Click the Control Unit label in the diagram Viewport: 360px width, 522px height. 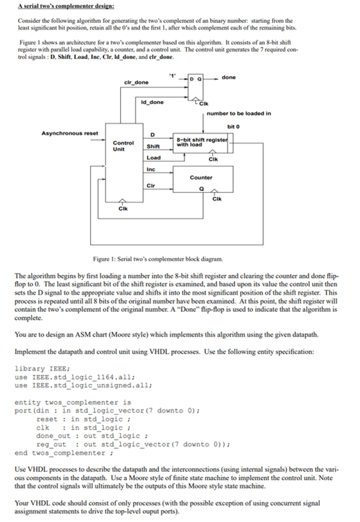pyautogui.click(x=123, y=146)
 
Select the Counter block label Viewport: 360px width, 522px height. pyautogui.click(x=201, y=178)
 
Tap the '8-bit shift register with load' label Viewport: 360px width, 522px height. pyautogui.click(x=202, y=142)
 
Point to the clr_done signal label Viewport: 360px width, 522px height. pyautogui.click(x=136, y=82)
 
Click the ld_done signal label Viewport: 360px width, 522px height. pyautogui.click(x=152, y=102)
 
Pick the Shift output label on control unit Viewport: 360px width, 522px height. pyautogui.click(x=153, y=147)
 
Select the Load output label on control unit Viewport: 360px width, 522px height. pyautogui.click(x=154, y=158)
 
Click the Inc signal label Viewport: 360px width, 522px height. pyautogui.click(x=151, y=169)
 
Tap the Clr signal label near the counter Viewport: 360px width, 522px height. pyautogui.click(x=151, y=185)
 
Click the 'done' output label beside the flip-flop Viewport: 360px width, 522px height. pyautogui.click(x=229, y=77)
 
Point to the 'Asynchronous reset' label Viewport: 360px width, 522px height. pyautogui.click(x=69, y=133)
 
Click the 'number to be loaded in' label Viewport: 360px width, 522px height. pyautogui.click(x=239, y=114)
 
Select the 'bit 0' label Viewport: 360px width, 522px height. pyautogui.click(x=234, y=127)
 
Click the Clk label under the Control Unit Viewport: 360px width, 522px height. pyautogui.click(x=123, y=208)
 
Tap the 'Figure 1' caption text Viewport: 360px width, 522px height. pyautogui.click(x=158, y=259)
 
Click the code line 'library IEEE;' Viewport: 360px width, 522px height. pyautogui.click(x=42, y=368)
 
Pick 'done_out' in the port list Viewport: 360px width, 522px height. pyautogui.click(x=53, y=435)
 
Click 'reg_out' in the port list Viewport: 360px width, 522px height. pyautogui.click(x=51, y=444)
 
